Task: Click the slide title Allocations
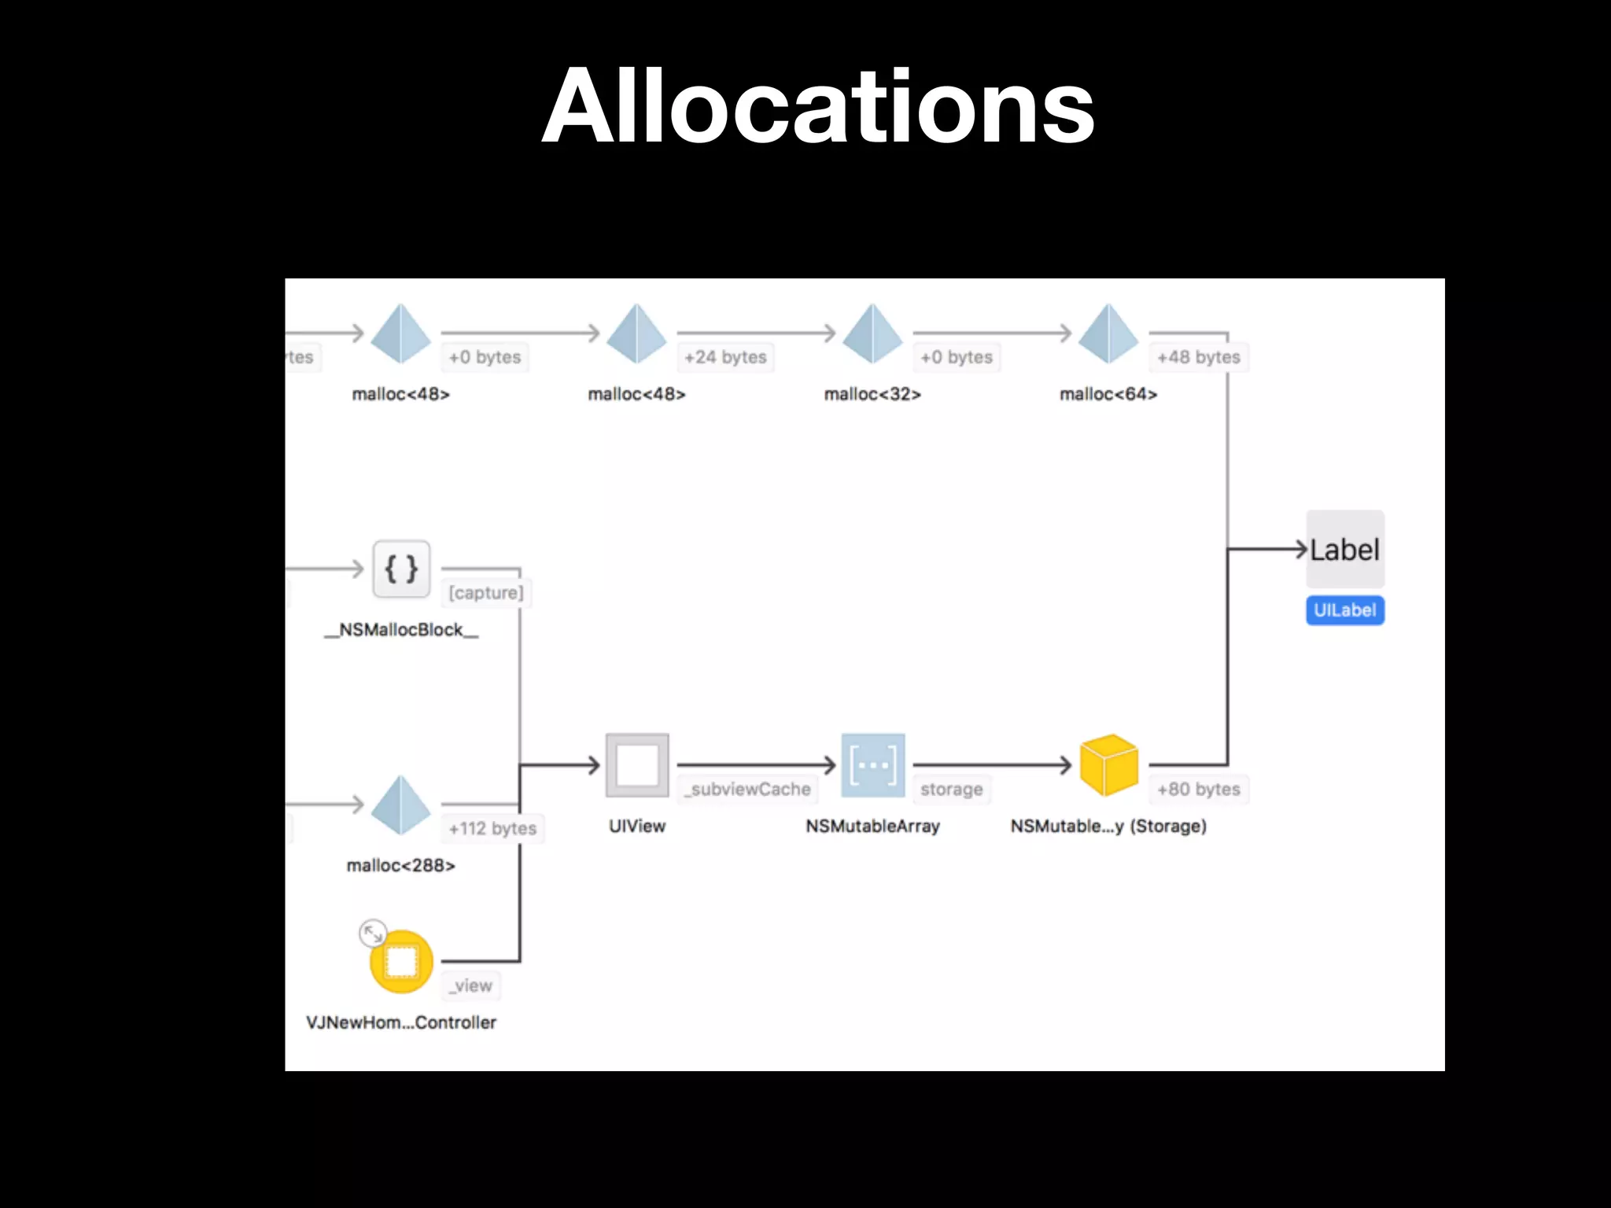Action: pyautogui.click(x=818, y=107)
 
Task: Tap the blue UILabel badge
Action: pyautogui.click(x=1345, y=610)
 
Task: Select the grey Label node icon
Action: pyautogui.click(x=1345, y=549)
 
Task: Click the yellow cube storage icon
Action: pyautogui.click(x=1109, y=764)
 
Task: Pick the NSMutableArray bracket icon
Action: pyautogui.click(x=873, y=764)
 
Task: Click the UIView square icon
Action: pyautogui.click(x=637, y=764)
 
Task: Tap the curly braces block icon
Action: pyautogui.click(x=401, y=569)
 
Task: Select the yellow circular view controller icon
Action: pyautogui.click(x=401, y=961)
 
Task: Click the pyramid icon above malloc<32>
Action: pyautogui.click(x=872, y=333)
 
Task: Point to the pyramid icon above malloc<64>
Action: pyautogui.click(x=1108, y=333)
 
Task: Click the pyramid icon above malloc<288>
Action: pyautogui.click(x=401, y=805)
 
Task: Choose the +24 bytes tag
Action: pyautogui.click(x=725, y=357)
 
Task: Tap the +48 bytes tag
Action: pyautogui.click(x=1198, y=357)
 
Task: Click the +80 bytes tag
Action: pyautogui.click(x=1198, y=789)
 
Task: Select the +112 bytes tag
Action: pyautogui.click(x=492, y=828)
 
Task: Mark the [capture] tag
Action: pyautogui.click(x=486, y=592)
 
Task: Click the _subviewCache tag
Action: pyautogui.click(x=747, y=789)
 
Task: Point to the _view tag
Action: pyautogui.click(x=471, y=985)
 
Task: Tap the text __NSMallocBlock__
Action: pyautogui.click(x=401, y=630)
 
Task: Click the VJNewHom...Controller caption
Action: pyautogui.click(x=401, y=1022)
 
